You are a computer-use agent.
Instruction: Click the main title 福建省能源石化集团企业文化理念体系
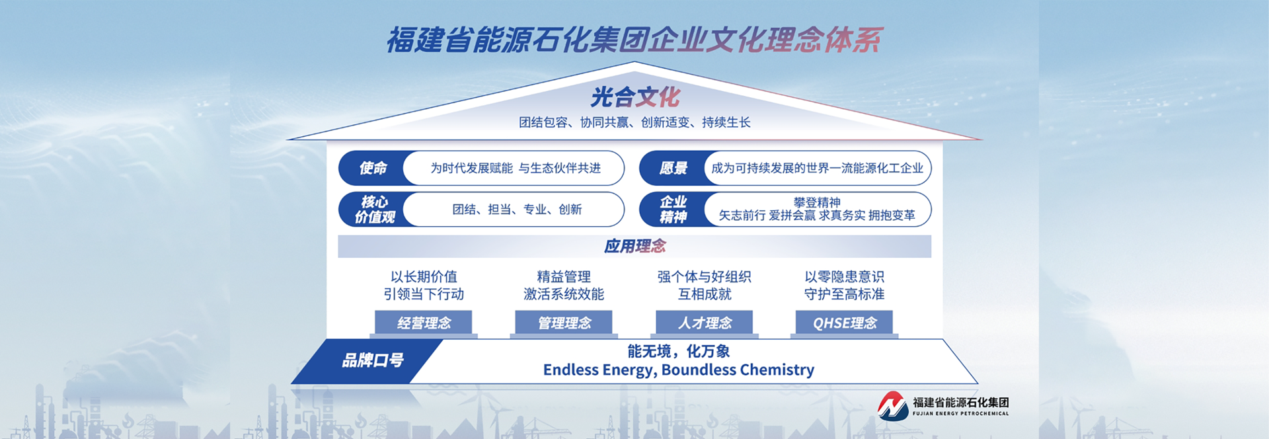click(634, 40)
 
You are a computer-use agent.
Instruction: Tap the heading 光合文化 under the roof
click(635, 97)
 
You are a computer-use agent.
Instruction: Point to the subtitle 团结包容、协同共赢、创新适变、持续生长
click(634, 122)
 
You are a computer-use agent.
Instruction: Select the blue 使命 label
click(373, 168)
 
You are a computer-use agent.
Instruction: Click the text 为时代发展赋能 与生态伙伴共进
click(516, 169)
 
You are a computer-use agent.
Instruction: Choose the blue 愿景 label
click(673, 168)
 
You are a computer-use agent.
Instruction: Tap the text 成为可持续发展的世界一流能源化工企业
click(817, 169)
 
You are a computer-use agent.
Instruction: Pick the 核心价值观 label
click(375, 209)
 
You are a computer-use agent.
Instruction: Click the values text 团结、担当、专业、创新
click(517, 210)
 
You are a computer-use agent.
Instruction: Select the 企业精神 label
click(673, 209)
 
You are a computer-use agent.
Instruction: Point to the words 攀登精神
click(817, 202)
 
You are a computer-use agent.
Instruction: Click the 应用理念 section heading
click(634, 246)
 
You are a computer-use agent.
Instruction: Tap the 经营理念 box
click(424, 323)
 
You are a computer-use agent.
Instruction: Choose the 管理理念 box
click(564, 323)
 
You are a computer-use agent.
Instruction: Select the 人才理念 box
click(705, 323)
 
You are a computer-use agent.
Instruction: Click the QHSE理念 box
click(845, 323)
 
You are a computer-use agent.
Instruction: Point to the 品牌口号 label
click(373, 360)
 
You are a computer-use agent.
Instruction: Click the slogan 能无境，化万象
click(679, 351)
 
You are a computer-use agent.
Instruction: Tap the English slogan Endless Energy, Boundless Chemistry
click(679, 370)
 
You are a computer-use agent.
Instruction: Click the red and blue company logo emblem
click(893, 406)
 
